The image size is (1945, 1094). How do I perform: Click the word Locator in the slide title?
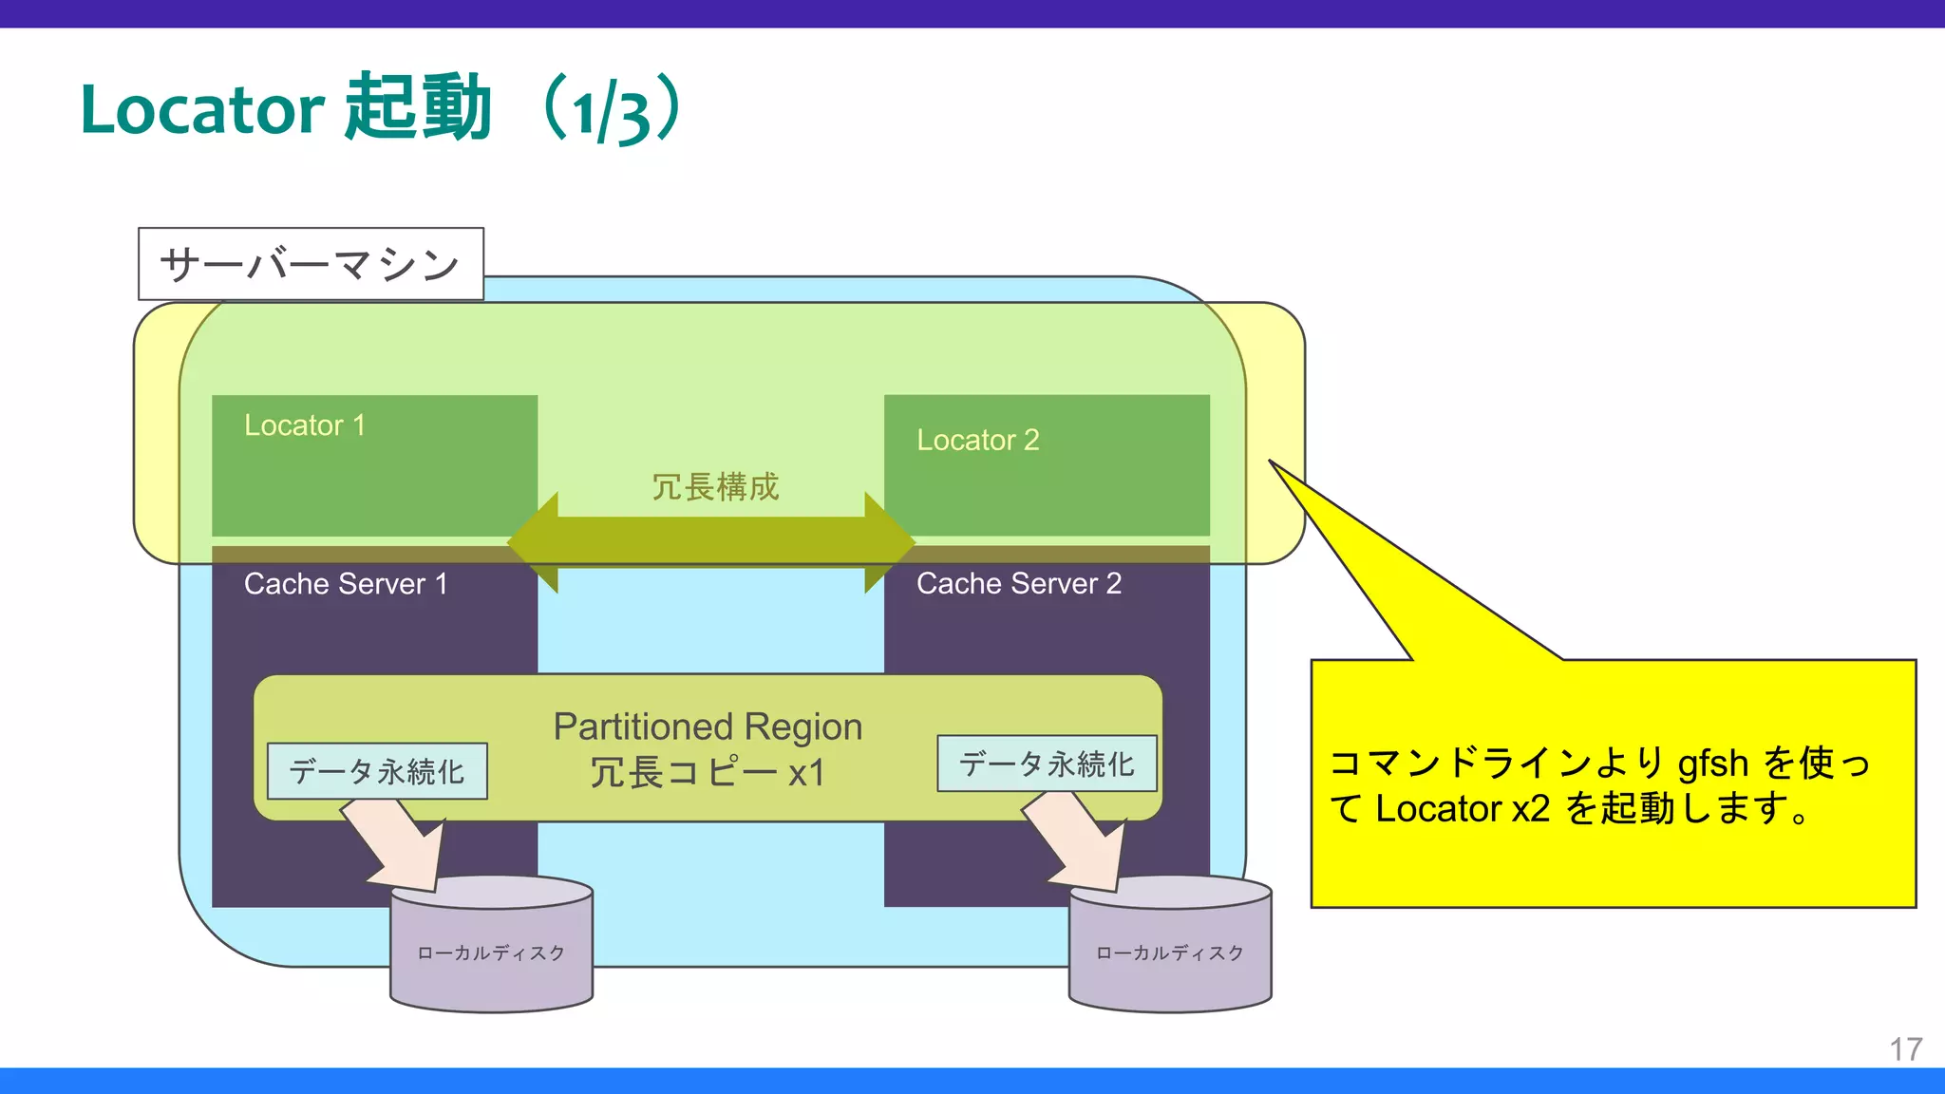click(x=202, y=109)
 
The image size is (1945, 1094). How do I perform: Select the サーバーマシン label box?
click(x=311, y=264)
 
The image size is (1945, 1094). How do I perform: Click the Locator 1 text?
click(x=304, y=425)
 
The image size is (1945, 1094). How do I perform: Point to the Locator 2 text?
click(x=977, y=441)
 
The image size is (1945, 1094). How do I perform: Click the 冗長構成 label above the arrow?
click(x=714, y=487)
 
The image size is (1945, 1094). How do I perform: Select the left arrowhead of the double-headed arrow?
click(x=537, y=543)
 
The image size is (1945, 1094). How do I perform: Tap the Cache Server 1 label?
click(x=345, y=584)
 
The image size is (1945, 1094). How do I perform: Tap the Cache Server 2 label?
click(x=1018, y=584)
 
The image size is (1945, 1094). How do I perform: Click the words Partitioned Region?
click(x=708, y=727)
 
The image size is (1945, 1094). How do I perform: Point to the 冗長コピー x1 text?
click(x=708, y=773)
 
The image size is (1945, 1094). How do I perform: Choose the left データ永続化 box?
click(x=377, y=771)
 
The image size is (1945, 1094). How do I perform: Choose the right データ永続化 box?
click(x=1047, y=764)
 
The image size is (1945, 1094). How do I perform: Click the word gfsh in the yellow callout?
click(x=1712, y=764)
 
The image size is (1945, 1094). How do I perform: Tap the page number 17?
click(x=1905, y=1049)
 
